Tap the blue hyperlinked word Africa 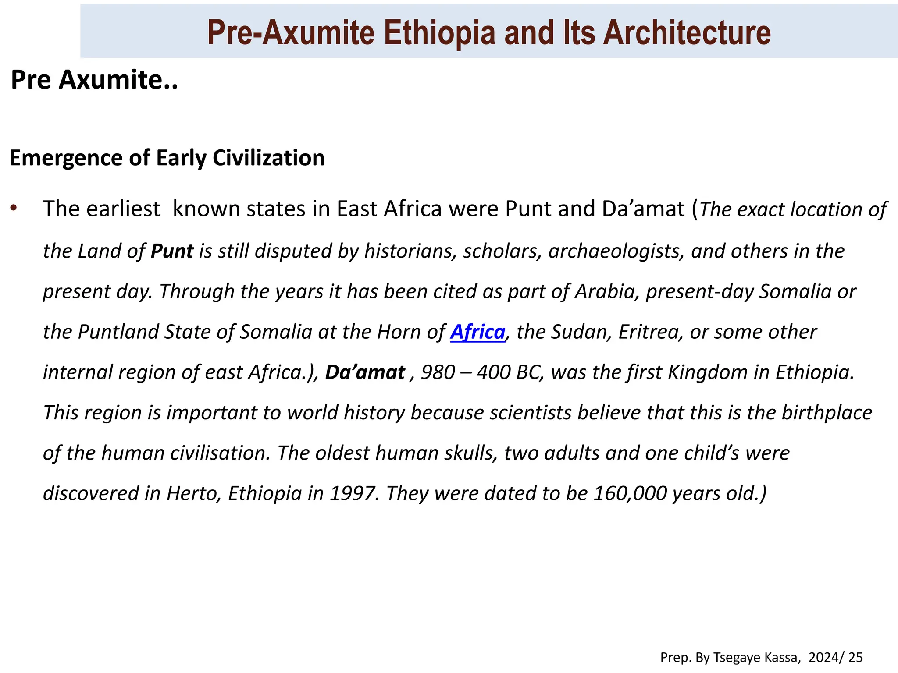click(478, 332)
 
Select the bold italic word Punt click(172, 251)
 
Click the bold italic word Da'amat click(365, 372)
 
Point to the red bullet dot click(14, 208)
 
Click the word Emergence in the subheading click(65, 158)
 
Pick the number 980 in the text click(438, 372)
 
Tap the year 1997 click(354, 493)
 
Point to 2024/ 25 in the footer click(835, 657)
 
